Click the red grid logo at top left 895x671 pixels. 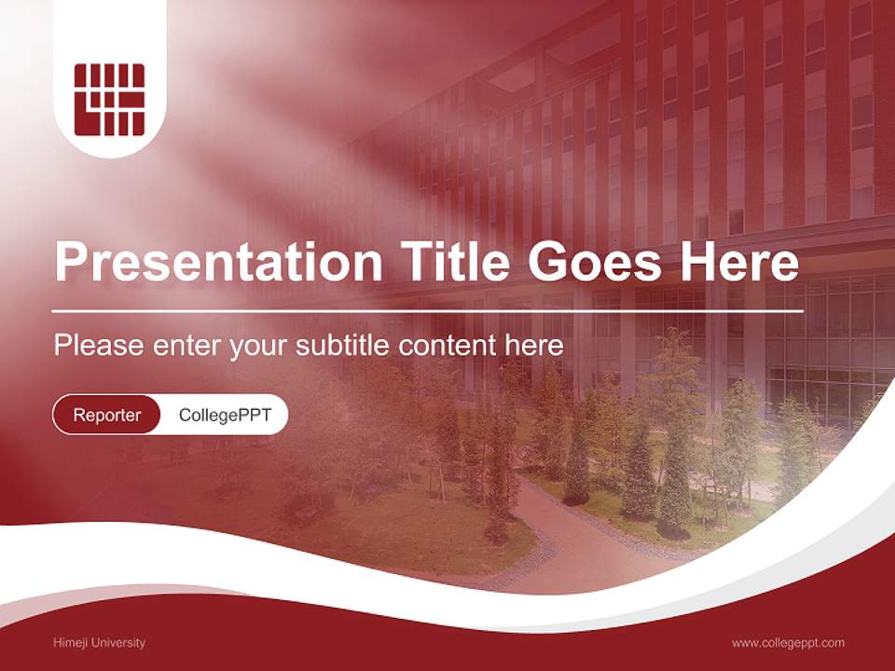109,99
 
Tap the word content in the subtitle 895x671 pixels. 450,346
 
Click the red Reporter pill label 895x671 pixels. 107,415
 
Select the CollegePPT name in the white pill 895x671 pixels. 225,415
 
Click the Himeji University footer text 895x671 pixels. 100,642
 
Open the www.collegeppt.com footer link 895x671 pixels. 788,642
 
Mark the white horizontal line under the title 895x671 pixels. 428,310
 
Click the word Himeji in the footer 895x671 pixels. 70,642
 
